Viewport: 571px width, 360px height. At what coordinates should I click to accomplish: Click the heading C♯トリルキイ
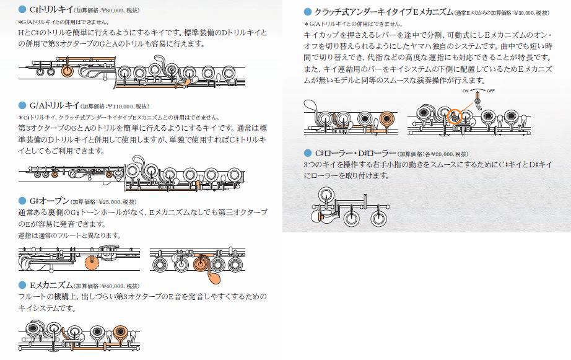[x=51, y=10]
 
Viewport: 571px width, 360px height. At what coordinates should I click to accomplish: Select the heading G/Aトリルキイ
[x=54, y=106]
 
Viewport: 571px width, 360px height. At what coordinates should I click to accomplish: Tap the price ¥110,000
[x=119, y=107]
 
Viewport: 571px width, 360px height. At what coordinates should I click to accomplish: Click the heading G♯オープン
[x=49, y=201]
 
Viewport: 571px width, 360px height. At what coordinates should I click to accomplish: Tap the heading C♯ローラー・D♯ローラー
[x=355, y=154]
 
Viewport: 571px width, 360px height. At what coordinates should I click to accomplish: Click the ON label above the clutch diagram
[x=466, y=90]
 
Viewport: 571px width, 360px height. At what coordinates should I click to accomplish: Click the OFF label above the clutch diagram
[x=490, y=90]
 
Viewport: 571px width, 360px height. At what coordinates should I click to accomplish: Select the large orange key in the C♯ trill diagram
[x=68, y=71]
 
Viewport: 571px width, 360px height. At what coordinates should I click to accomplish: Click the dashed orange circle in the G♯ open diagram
[x=92, y=262]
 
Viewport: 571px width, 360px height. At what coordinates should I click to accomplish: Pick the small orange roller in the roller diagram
[x=321, y=217]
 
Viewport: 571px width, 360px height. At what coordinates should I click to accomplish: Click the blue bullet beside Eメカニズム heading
[x=22, y=285]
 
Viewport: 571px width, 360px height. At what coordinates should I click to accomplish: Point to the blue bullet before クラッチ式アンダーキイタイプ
[x=308, y=12]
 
